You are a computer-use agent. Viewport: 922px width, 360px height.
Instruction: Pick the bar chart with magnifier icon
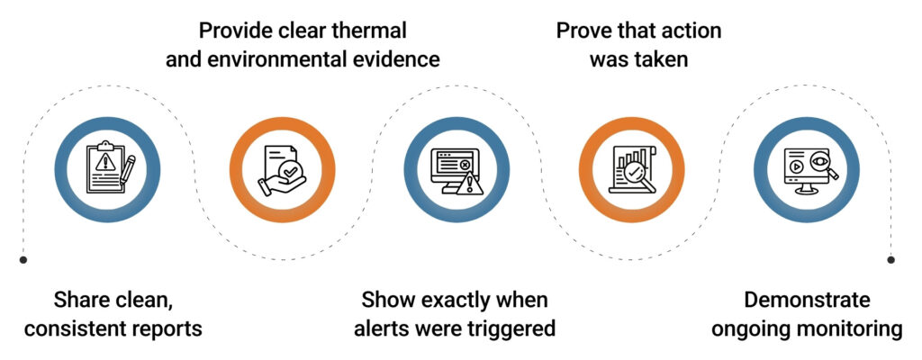click(630, 168)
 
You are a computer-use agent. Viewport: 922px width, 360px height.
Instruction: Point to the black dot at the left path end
click(23, 260)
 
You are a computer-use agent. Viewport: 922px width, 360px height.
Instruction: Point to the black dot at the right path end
click(890, 260)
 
